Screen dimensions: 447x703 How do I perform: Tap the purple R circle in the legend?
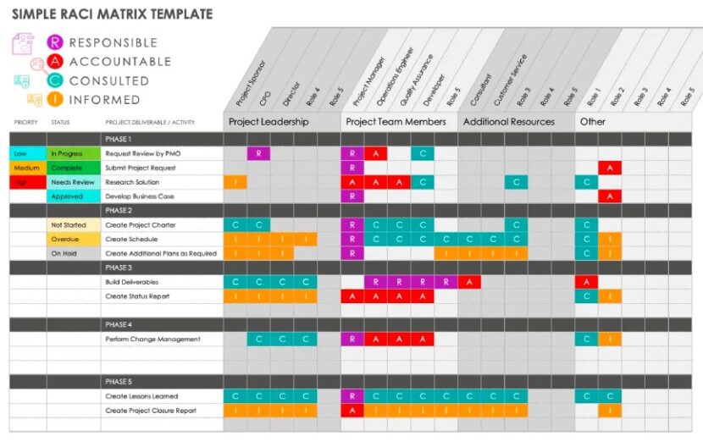point(55,42)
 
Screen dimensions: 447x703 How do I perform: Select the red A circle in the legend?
point(55,61)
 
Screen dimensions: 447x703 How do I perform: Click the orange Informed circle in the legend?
point(55,99)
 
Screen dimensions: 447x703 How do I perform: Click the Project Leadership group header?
point(268,122)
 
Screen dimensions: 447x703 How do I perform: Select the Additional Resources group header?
point(508,122)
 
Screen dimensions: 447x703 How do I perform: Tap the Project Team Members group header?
point(396,122)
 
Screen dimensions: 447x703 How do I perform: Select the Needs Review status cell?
point(73,182)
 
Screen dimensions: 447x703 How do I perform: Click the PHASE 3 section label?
point(119,268)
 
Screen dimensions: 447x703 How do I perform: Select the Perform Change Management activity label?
point(152,339)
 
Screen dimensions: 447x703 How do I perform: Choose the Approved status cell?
point(73,196)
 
